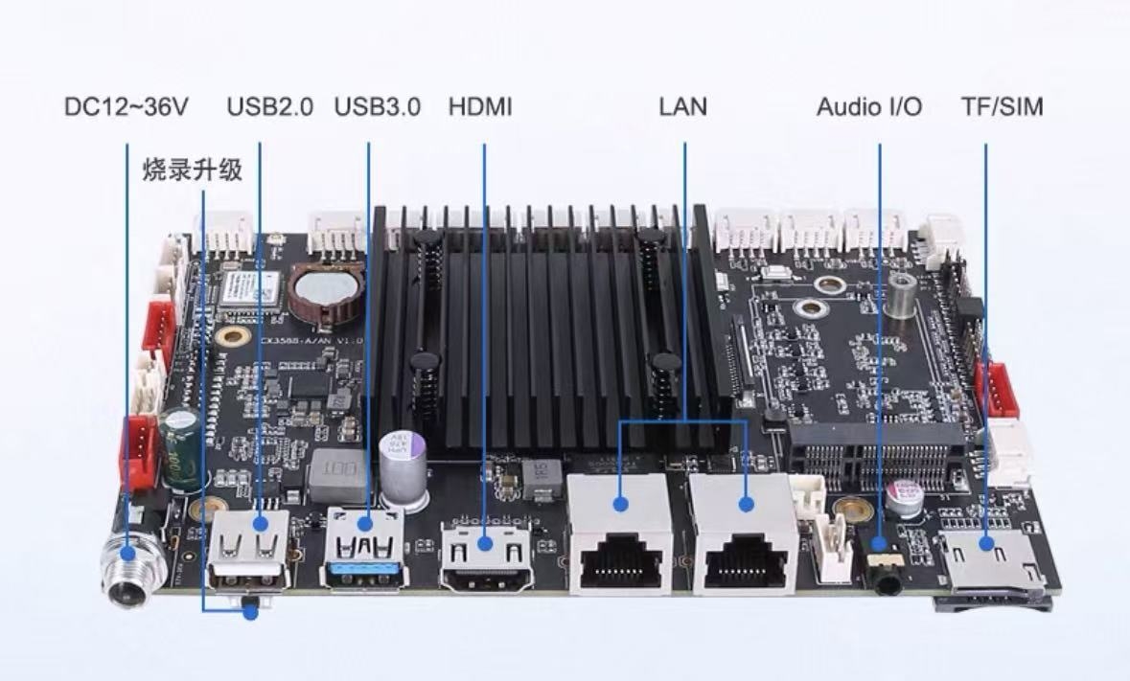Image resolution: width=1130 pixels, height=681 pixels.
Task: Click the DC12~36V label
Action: pos(127,107)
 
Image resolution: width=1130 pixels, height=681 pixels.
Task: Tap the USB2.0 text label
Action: pos(270,107)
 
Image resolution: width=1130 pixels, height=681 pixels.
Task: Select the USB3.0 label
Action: pos(377,107)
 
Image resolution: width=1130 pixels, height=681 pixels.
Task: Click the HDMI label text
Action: pos(480,107)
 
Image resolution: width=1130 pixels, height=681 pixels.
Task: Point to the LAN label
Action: pos(683,107)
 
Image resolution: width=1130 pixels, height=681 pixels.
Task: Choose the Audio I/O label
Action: pos(869,107)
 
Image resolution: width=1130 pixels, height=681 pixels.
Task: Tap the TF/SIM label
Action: pos(1003,107)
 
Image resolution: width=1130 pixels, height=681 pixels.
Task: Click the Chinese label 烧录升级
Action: pos(193,170)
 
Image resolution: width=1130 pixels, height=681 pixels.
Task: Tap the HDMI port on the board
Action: pos(486,555)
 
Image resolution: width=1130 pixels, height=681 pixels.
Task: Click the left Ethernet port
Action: pos(620,533)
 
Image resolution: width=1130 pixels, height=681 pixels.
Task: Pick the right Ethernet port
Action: pos(744,533)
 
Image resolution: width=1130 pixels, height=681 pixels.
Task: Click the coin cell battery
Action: pos(326,289)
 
